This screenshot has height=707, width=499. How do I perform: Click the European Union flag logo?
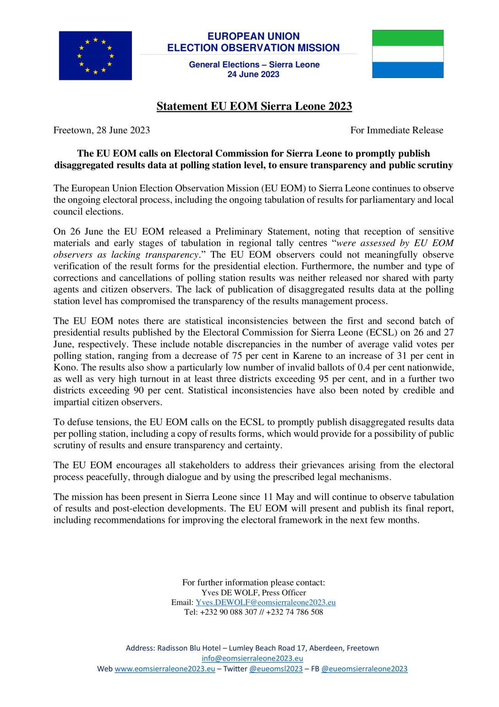[95, 56]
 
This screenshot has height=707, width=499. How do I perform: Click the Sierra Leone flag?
[407, 54]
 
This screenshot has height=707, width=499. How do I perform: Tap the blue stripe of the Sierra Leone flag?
[407, 70]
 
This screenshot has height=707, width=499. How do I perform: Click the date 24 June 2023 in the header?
[253, 74]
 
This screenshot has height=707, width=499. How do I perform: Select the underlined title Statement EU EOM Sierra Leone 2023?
[254, 106]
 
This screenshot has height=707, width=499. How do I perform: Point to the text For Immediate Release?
[396, 130]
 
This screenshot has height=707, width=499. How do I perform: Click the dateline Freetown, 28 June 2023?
[102, 130]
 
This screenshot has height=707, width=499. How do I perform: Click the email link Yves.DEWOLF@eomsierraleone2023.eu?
[266, 602]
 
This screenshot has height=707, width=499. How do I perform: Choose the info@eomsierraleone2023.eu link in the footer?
[252, 658]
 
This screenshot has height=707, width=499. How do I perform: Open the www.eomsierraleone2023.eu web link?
[165, 668]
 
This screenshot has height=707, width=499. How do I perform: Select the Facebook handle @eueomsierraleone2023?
[364, 668]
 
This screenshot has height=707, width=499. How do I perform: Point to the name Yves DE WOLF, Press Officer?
[253, 592]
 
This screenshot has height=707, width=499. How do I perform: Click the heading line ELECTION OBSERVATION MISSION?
[253, 48]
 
